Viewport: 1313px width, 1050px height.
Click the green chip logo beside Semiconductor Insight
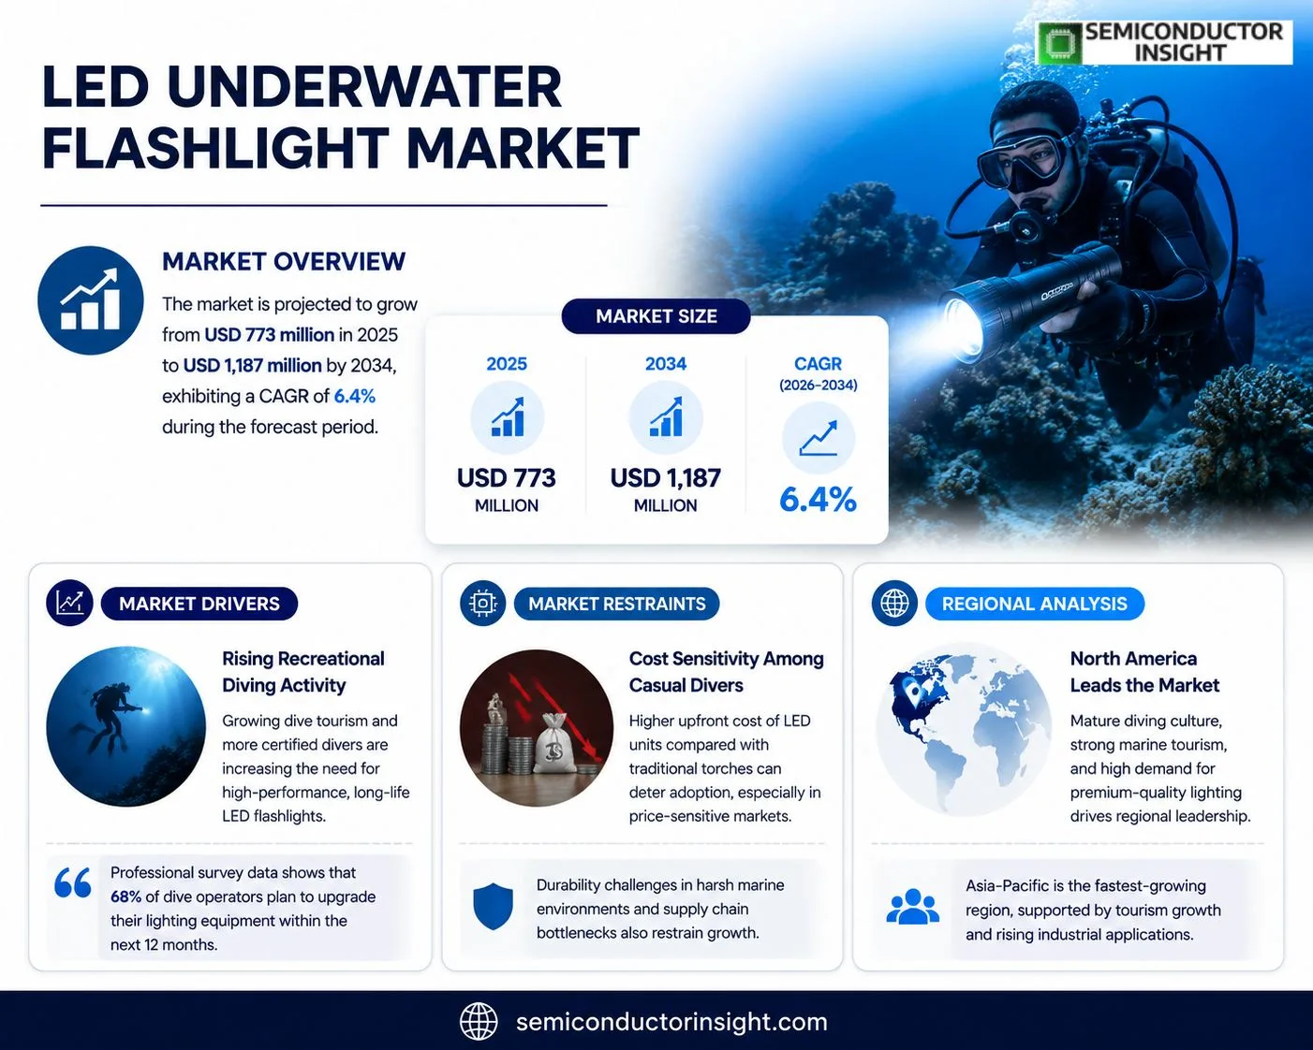(1059, 43)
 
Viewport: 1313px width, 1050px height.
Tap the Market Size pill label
(656, 316)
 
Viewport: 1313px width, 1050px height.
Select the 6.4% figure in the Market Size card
(818, 500)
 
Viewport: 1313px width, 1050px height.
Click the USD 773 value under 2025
(507, 478)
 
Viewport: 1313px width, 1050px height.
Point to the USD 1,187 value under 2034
(666, 478)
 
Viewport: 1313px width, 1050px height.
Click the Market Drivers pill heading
(199, 604)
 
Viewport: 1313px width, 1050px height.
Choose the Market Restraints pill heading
(617, 604)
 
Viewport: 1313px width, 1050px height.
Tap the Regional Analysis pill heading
(1035, 604)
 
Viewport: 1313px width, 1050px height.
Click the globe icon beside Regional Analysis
(894, 604)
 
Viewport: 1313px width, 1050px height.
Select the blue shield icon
(493, 906)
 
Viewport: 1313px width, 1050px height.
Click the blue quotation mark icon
(73, 882)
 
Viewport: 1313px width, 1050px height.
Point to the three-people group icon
(912, 907)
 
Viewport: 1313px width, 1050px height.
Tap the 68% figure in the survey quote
(125, 897)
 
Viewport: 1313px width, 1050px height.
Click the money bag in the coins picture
(554, 744)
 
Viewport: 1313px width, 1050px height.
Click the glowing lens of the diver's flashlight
(963, 328)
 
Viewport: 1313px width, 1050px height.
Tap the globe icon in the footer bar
(479, 1021)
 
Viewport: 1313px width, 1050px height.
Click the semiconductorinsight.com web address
(671, 1022)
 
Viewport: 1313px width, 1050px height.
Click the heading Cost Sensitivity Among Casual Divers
(726, 672)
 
